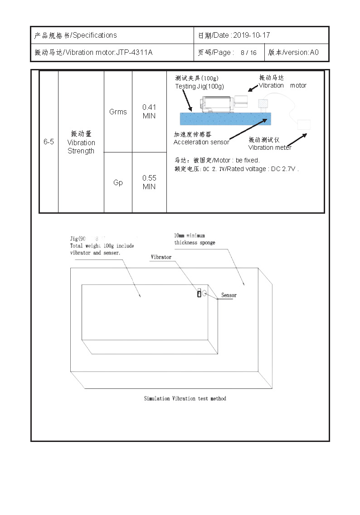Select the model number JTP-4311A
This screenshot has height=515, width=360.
[134, 53]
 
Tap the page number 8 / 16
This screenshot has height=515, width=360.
[248, 53]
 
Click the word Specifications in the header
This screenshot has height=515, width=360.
[94, 35]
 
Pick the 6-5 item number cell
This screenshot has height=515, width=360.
[49, 142]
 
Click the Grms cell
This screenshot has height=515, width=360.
[118, 112]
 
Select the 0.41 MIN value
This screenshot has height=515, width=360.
[149, 112]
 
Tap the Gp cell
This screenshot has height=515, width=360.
[118, 182]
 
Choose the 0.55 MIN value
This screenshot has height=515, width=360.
[149, 182]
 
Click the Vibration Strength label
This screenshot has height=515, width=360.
[81, 142]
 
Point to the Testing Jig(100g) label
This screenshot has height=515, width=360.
[199, 86]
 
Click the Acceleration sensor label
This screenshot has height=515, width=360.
[201, 142]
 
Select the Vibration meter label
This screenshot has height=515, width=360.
[270, 147]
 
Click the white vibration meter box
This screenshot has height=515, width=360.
[304, 125]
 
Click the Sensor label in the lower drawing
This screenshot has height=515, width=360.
[229, 295]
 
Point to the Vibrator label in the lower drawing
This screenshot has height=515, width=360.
[161, 257]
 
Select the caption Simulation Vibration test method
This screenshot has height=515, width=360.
[185, 398]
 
